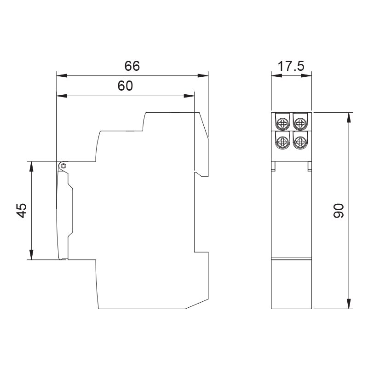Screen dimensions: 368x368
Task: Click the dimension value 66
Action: point(132,66)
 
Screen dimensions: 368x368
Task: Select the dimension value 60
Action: point(125,86)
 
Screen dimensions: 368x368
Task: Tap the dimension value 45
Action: point(22,211)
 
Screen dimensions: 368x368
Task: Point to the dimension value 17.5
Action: point(291,66)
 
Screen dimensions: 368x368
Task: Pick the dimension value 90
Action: point(339,211)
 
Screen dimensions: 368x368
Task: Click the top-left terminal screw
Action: point(282,123)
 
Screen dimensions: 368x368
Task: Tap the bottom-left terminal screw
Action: point(282,142)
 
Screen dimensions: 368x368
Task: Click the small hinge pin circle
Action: point(63,166)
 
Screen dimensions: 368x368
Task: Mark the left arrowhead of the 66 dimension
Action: point(62,76)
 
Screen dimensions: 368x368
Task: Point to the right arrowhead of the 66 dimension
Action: point(203,76)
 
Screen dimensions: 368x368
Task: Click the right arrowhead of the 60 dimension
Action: point(189,96)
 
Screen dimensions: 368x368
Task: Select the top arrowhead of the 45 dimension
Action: point(31,167)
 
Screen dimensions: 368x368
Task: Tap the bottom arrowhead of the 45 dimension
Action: point(31,254)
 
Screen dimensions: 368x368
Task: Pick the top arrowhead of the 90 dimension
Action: point(349,118)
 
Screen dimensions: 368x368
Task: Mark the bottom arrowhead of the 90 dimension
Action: point(349,304)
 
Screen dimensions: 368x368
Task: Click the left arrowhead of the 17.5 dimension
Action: point(277,75)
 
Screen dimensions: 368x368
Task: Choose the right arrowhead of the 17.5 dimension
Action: point(306,75)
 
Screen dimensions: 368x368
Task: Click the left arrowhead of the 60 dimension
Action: point(62,96)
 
